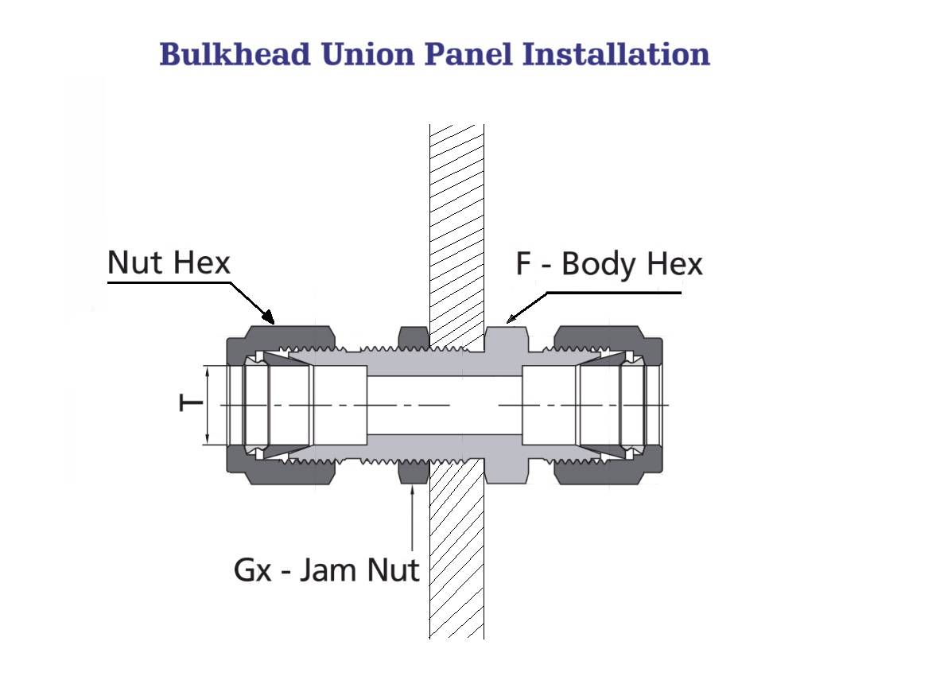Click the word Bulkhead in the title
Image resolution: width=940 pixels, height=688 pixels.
click(x=235, y=54)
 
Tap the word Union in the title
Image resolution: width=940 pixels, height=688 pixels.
click(x=367, y=54)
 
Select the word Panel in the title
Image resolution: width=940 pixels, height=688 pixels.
click(x=468, y=54)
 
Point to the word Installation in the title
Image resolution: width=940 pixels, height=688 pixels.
click(x=616, y=54)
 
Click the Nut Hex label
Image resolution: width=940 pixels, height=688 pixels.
click(x=169, y=262)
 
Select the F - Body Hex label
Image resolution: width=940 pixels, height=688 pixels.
click(x=609, y=264)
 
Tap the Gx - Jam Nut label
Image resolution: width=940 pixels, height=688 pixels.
click(x=326, y=569)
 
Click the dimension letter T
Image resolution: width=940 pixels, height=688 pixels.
click(x=191, y=403)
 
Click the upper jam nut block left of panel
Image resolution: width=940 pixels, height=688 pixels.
click(x=414, y=336)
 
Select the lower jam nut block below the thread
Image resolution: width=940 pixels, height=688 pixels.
click(x=414, y=472)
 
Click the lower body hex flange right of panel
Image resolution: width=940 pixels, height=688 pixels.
click(x=505, y=472)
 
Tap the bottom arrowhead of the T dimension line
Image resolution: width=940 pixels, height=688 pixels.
click(x=208, y=438)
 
